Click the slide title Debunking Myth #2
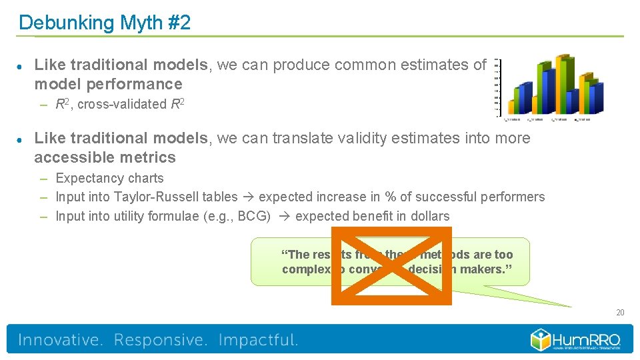click(105, 23)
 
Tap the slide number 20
click(620, 313)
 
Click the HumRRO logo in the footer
click(576, 339)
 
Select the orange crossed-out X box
click(391, 265)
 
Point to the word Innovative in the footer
click(61, 340)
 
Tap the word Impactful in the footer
click(258, 340)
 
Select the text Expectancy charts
click(109, 178)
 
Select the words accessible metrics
click(105, 157)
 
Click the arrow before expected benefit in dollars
click(283, 216)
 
